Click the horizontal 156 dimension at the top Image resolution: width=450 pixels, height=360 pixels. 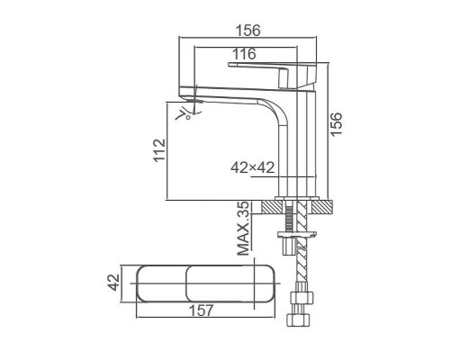click(x=248, y=31)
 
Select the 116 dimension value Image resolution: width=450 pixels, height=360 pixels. click(x=245, y=54)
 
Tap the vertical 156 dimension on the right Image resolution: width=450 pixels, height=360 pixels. click(x=337, y=124)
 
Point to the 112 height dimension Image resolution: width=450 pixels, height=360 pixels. click(x=159, y=150)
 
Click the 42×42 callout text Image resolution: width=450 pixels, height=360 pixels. click(x=252, y=167)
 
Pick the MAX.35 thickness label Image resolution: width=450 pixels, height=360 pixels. click(x=243, y=229)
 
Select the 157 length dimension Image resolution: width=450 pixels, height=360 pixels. click(x=202, y=310)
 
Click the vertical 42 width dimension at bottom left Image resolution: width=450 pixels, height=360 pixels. click(x=113, y=283)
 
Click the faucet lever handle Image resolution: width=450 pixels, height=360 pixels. click(x=272, y=75)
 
